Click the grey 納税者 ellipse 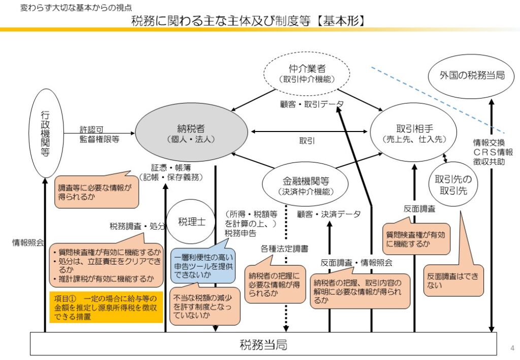pos(191,133)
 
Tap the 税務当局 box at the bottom pos(263,345)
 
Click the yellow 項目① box pos(106,307)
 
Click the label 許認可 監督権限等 pos(100,134)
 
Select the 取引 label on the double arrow pos(307,141)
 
